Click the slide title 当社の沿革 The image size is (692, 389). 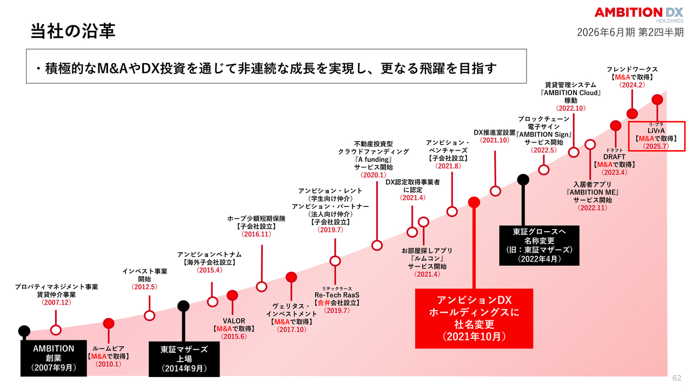pos(73,31)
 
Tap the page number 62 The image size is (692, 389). pos(677,377)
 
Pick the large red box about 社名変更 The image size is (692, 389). pos(474,318)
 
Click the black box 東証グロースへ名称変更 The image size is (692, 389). pos(539,245)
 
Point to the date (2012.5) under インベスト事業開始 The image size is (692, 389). pos(144,287)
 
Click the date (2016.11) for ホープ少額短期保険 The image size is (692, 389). pos(256,234)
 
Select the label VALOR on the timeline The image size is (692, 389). pos(234,320)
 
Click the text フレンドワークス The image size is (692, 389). pos(632,69)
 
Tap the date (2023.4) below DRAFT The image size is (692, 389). pos(614,173)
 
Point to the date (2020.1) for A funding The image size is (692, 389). pos(372,175)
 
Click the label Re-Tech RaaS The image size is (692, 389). pos(336,295)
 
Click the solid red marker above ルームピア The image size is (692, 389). pos(109,324)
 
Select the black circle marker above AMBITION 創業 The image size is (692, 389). pos(24,331)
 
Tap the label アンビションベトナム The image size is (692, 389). pos(209,254)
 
